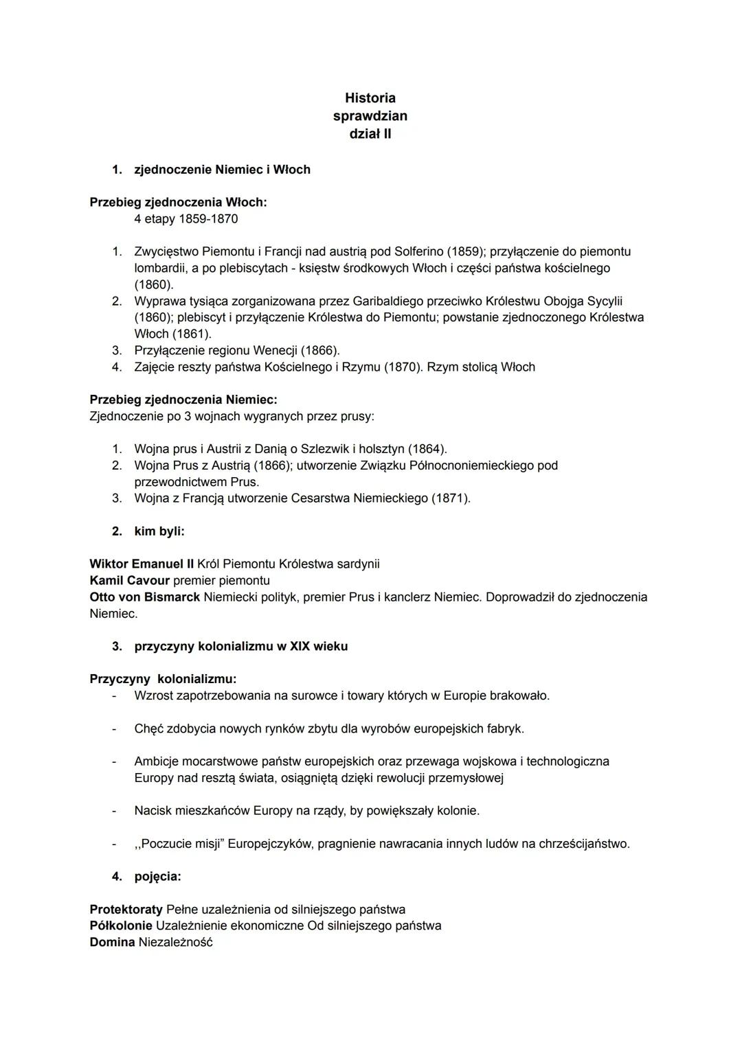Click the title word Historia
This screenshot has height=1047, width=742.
point(370,98)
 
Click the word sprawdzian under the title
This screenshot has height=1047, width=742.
point(370,116)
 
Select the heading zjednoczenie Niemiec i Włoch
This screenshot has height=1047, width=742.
point(222,170)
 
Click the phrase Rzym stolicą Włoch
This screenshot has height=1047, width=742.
point(480,367)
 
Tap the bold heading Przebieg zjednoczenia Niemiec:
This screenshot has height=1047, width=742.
point(183,400)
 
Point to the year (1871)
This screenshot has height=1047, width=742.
point(450,498)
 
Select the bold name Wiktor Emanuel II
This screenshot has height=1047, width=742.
point(142,564)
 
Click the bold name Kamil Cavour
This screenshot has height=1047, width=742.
point(129,581)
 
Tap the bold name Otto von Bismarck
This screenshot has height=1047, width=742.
point(145,597)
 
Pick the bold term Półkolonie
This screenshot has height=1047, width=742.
point(121,926)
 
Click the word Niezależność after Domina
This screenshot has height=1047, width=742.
point(175,943)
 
